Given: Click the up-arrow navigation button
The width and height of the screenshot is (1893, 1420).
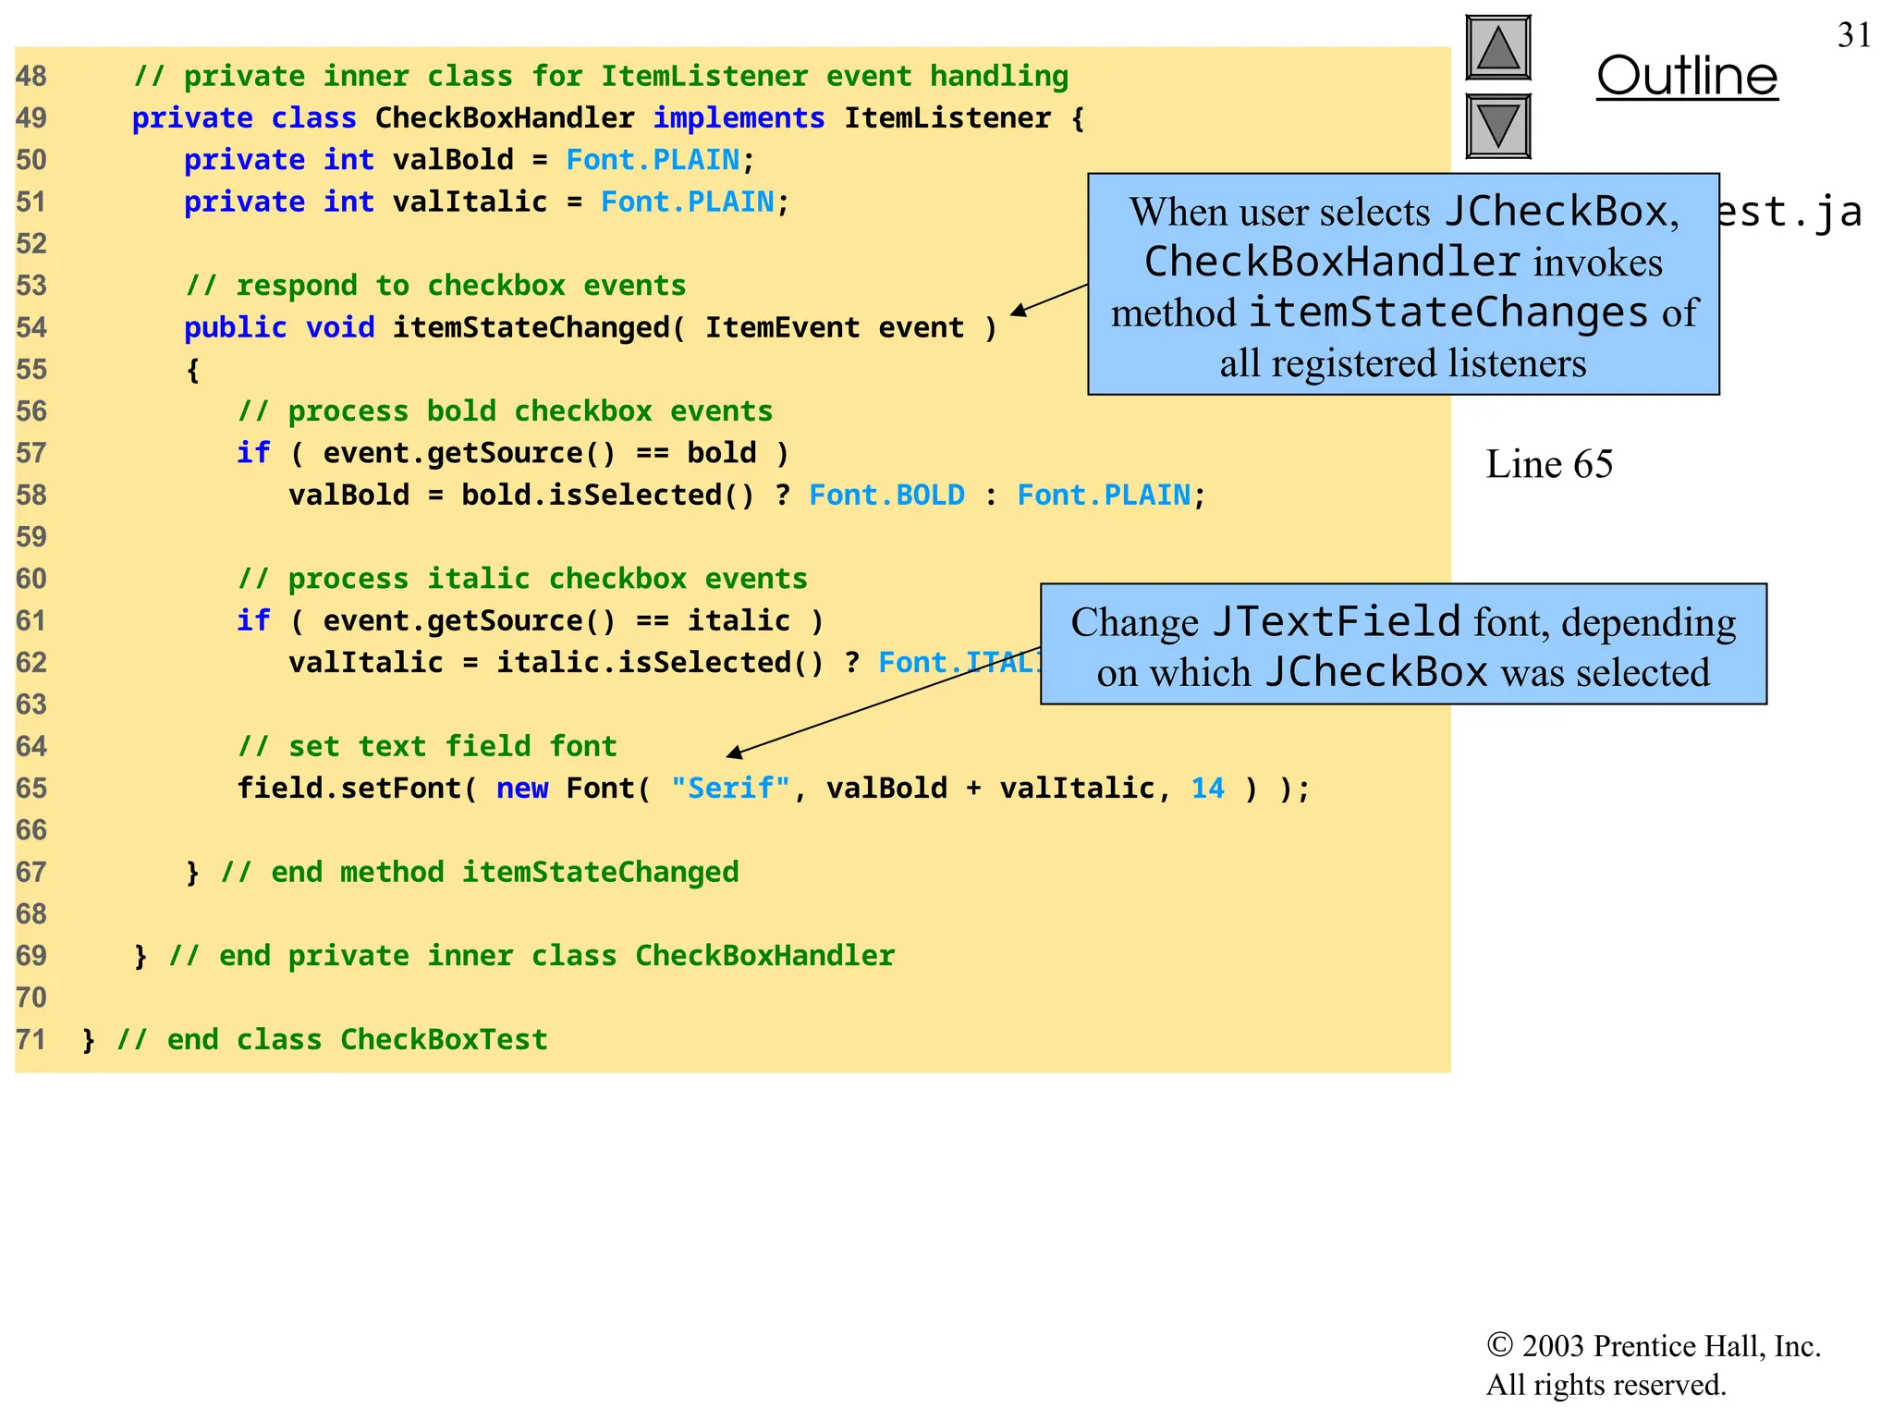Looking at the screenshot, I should coord(1497,48).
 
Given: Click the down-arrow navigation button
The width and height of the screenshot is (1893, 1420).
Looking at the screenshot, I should coord(1497,126).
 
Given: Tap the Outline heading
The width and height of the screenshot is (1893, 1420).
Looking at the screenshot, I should coord(1686,77).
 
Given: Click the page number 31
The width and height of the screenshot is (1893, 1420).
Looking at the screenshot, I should coord(1853,36).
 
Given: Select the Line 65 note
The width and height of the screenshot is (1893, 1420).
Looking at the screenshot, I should coord(1548,464).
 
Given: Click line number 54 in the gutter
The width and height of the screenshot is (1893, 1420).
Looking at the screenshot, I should coord(31,328).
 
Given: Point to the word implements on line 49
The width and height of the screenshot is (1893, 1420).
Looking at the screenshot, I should coord(739,118).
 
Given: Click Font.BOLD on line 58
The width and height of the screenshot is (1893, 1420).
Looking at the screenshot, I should coord(885,496).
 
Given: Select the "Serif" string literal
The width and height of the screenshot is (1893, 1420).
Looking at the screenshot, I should coord(730,789).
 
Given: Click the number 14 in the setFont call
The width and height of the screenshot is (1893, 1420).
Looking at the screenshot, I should coord(1207,789).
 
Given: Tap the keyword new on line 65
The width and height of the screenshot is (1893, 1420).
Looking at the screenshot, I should coord(522,789).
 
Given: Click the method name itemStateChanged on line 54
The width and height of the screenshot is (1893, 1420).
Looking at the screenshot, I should coord(531,328).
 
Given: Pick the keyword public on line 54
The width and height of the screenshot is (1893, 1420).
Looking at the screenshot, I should coord(235,328).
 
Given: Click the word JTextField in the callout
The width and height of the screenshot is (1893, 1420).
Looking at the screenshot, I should coord(1336,622).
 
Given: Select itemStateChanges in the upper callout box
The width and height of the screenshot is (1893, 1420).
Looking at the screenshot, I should coord(1447,312).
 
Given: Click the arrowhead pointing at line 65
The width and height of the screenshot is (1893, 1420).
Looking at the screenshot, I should coord(735,753).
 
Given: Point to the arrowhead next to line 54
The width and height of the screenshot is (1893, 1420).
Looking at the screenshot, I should coord(1019,312).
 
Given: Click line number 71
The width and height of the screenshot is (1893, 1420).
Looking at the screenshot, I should coord(31,1040).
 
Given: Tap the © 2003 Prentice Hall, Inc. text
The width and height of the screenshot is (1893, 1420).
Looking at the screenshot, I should coord(1653,1346).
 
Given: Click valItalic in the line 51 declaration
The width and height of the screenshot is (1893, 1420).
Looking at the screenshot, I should coord(470,202).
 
